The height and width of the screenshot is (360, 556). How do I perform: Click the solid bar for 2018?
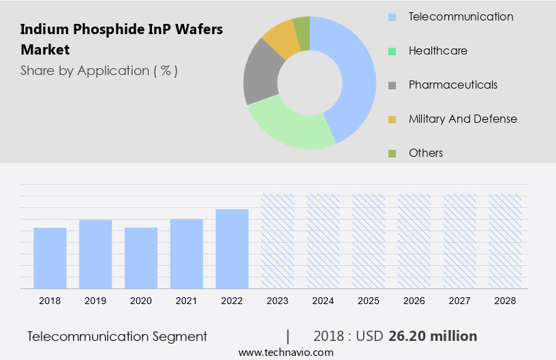coord(50,258)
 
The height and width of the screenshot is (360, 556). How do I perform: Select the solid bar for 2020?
coord(141,258)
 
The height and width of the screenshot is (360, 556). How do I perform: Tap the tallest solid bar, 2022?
coord(232,248)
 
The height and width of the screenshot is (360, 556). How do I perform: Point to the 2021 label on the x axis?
coord(187,300)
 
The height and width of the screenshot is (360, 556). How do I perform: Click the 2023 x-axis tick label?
coord(278,300)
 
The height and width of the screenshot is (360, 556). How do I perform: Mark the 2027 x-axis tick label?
coord(460,300)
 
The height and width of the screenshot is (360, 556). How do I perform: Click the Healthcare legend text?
coord(437,50)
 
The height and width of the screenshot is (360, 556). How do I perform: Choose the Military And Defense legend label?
coord(463,119)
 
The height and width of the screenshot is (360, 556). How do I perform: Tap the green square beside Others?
coord(392,153)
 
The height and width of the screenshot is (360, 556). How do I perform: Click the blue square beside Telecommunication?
coord(392,17)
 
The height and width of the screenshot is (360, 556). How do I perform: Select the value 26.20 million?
coord(433,336)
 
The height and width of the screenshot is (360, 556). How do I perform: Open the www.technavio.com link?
coord(286,352)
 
